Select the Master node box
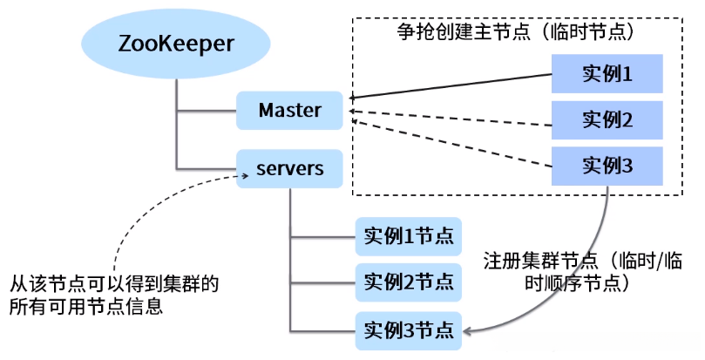coord(290,111)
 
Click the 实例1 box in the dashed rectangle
coord(607,74)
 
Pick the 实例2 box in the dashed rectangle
coord(607,119)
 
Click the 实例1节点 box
coord(409,235)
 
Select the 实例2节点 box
coord(409,282)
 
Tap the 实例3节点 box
coord(409,330)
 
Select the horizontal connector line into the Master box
coord(207,111)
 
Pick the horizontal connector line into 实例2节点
coord(322,282)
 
